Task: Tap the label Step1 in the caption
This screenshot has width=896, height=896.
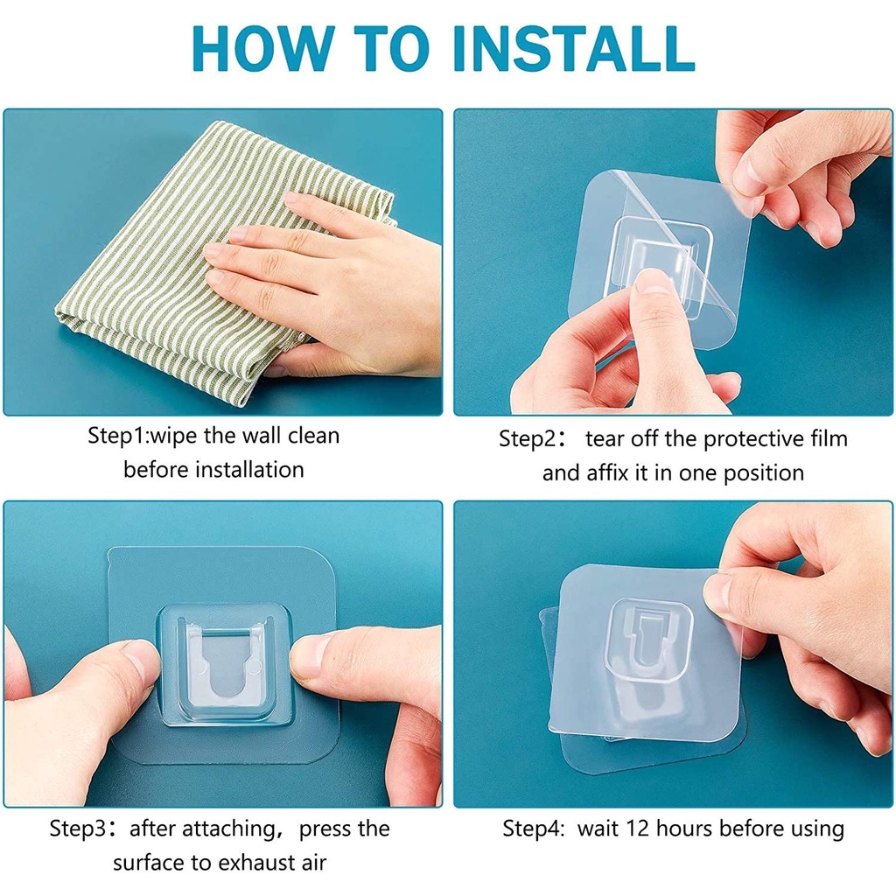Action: (117, 436)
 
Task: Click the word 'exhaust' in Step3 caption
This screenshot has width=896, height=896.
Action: (248, 862)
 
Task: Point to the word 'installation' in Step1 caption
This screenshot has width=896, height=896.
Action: (249, 469)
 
